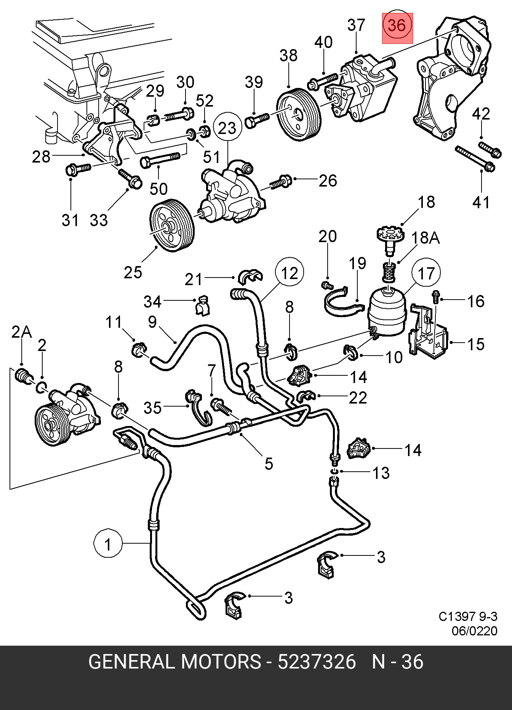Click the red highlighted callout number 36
[x=397, y=26]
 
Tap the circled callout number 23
[x=227, y=128]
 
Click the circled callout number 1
[x=108, y=544]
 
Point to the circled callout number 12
[x=290, y=273]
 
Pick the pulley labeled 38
[x=298, y=114]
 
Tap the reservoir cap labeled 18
[x=389, y=236]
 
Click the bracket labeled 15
[x=429, y=335]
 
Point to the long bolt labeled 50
[x=160, y=160]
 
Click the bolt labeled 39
[x=256, y=120]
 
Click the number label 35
[x=152, y=408]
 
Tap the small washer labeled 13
[x=334, y=472]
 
